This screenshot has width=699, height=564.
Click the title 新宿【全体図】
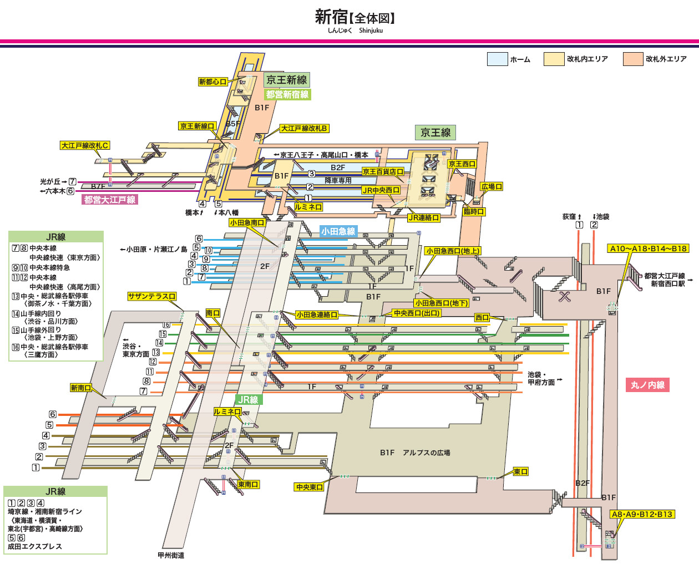click(x=355, y=17)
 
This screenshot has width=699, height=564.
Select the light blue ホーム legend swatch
click(x=497, y=59)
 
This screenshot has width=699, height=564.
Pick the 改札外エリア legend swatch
click(x=632, y=59)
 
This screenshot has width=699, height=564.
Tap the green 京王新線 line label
click(x=286, y=80)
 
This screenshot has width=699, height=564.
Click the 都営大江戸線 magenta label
click(x=110, y=200)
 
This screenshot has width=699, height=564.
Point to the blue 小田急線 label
click(x=338, y=231)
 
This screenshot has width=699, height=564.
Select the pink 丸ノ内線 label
click(x=647, y=385)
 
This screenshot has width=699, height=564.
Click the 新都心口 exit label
click(x=213, y=82)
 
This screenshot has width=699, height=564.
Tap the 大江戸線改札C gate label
click(x=85, y=145)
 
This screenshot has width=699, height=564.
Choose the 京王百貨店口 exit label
click(x=382, y=172)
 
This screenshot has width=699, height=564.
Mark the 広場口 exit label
click(x=492, y=187)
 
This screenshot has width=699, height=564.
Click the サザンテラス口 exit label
click(x=151, y=297)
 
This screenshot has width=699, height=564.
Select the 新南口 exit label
click(x=81, y=388)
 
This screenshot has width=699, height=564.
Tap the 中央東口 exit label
click(x=309, y=487)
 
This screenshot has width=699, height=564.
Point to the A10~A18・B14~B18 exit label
click(x=648, y=248)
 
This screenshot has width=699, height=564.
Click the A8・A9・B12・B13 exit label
click(x=642, y=514)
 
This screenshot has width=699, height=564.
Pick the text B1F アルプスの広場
click(x=415, y=453)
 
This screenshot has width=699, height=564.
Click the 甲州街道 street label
click(x=171, y=555)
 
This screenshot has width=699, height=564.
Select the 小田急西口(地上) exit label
click(x=453, y=251)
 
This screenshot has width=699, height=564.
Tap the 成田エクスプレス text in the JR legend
click(x=35, y=546)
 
